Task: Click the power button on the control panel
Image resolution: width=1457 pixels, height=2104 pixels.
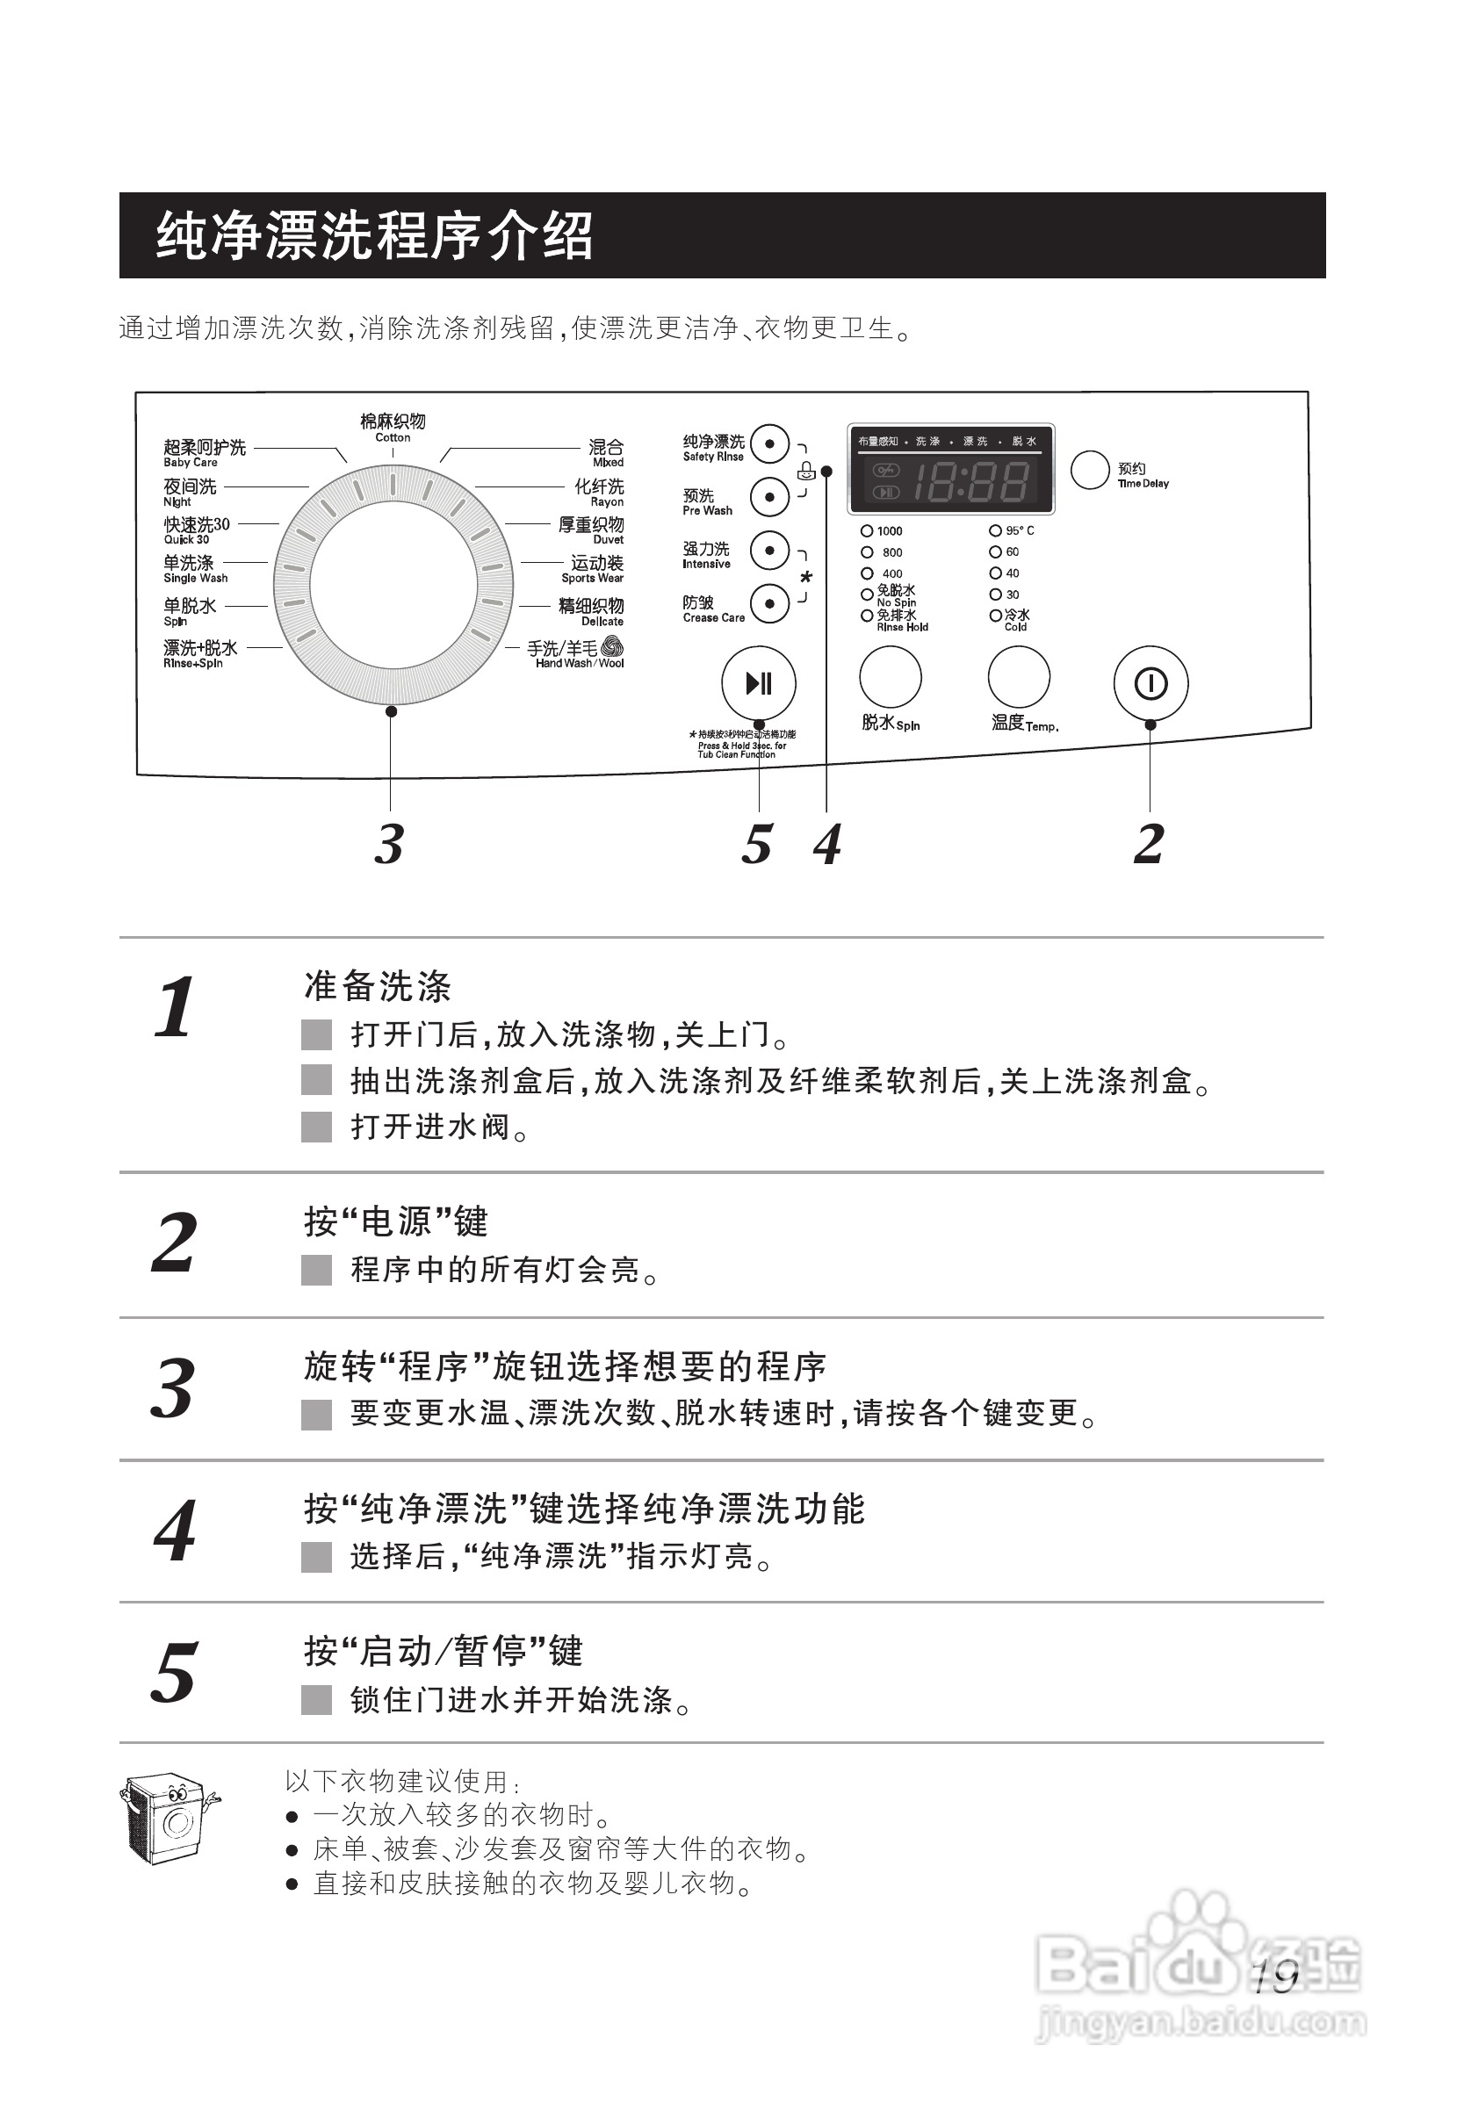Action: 1150,684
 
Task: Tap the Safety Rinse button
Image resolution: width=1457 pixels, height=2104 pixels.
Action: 769,444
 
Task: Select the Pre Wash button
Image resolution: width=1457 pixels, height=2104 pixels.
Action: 769,498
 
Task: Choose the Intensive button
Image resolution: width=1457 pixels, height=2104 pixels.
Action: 769,551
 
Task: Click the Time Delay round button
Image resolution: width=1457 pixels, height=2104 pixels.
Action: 1089,469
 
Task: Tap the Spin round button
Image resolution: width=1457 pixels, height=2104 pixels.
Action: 890,677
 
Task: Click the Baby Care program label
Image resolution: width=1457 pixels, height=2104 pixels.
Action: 205,452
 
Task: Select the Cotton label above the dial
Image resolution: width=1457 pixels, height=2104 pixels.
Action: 393,426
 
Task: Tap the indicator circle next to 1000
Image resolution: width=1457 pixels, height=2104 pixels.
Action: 866,531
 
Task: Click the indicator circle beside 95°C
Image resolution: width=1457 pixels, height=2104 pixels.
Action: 995,530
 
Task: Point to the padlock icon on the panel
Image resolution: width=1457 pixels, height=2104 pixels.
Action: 805,471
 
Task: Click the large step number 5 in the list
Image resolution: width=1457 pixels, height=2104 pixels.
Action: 174,1672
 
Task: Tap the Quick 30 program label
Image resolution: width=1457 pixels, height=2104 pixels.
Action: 196,530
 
